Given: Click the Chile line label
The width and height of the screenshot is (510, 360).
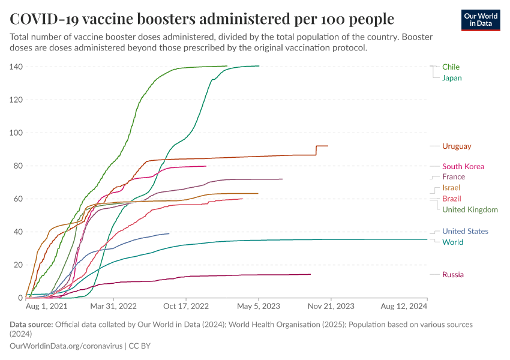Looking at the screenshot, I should point(451,67).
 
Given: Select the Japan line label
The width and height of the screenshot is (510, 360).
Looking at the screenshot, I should point(452,78).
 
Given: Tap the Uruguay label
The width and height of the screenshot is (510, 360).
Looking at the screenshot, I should point(457,146).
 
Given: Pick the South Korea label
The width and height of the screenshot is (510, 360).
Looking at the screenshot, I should point(463,167).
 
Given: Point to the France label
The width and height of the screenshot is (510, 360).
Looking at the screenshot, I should point(453,177).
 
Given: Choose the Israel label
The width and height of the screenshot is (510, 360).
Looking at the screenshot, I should point(451,188).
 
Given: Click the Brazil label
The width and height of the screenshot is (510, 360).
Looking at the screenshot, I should point(451,199).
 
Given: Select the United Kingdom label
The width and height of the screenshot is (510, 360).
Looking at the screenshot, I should point(470,209).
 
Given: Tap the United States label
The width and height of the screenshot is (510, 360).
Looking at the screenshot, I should point(465,232).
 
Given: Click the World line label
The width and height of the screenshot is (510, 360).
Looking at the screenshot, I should point(452,242).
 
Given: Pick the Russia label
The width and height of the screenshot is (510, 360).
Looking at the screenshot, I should point(452,275).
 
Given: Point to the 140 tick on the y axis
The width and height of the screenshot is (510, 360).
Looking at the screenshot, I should point(16,67).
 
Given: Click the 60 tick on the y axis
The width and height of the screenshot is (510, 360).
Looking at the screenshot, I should point(18,199).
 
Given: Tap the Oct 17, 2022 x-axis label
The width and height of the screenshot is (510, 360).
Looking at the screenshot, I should point(187,306).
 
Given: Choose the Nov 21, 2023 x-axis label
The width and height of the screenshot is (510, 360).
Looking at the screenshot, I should point(331,306).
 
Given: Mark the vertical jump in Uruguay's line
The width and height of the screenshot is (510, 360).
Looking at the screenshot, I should point(316,151).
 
